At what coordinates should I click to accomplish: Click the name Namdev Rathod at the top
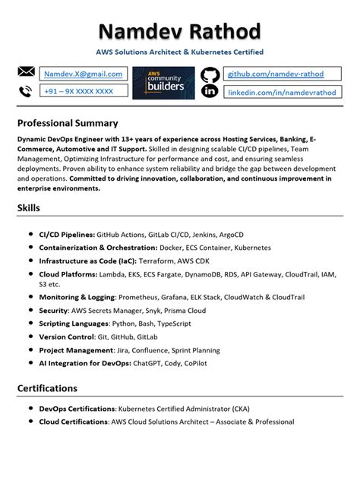click(x=180, y=31)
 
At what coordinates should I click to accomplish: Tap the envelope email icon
click(x=26, y=72)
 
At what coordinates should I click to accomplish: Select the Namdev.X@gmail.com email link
click(x=83, y=74)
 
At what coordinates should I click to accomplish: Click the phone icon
click(x=26, y=91)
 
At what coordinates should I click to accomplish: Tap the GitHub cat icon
click(x=210, y=74)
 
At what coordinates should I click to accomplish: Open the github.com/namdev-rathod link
click(x=276, y=74)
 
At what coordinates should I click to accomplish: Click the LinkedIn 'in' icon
click(x=210, y=91)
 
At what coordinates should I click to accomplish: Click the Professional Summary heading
click(x=68, y=122)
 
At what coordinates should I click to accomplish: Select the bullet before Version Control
click(x=29, y=334)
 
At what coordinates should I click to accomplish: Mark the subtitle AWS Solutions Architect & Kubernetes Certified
click(x=180, y=52)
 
